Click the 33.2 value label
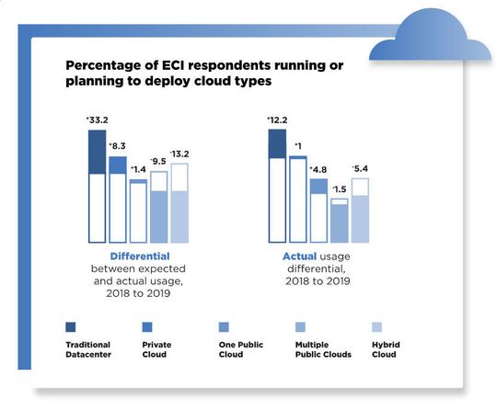tap(98, 120)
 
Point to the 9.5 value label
tap(158, 162)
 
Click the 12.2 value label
tap(277, 120)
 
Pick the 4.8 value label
tap(318, 169)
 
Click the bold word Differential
tap(140, 255)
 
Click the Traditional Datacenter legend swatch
tap(71, 325)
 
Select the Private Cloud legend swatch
tap(147, 325)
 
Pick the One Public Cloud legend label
tap(241, 349)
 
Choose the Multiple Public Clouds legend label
tap(323, 349)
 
